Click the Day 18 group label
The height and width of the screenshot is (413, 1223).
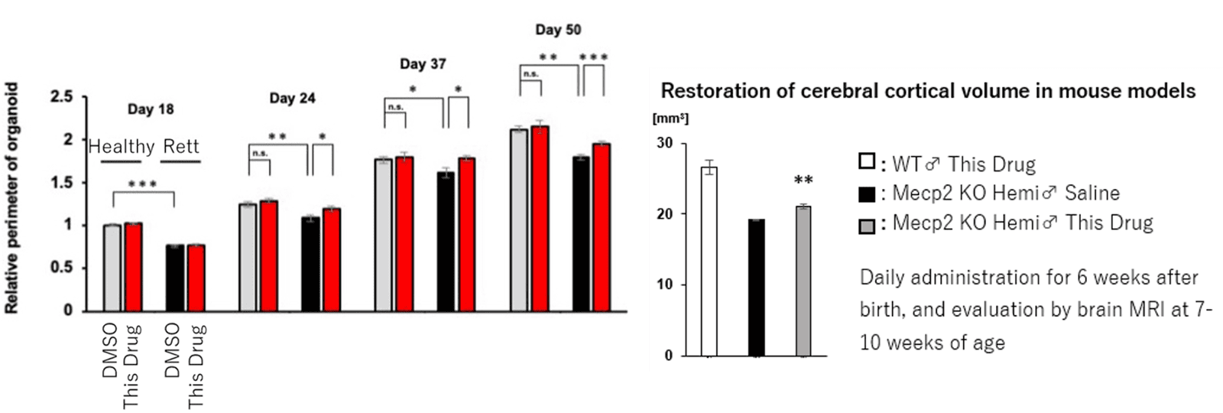pyautogui.click(x=151, y=109)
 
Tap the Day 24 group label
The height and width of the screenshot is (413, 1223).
pyautogui.click(x=292, y=99)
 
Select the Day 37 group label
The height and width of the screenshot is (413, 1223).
pyautogui.click(x=423, y=64)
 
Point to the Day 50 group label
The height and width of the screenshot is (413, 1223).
pyautogui.click(x=558, y=30)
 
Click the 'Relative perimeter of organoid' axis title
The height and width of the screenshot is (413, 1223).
pyautogui.click(x=13, y=198)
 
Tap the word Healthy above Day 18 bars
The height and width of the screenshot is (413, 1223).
pyautogui.click(x=122, y=146)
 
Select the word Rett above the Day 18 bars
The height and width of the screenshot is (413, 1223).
pyautogui.click(x=181, y=146)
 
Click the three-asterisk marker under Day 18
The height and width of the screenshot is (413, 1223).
pyautogui.click(x=143, y=185)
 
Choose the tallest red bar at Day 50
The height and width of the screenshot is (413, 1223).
pyautogui.click(x=541, y=218)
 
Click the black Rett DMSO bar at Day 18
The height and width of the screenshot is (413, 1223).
pyautogui.click(x=176, y=278)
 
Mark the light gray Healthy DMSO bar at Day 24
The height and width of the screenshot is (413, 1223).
pyautogui.click(x=248, y=257)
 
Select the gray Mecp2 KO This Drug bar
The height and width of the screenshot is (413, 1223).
pyautogui.click(x=803, y=281)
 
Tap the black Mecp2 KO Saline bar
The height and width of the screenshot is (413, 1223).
pyautogui.click(x=756, y=288)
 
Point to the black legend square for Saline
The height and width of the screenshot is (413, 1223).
pyautogui.click(x=867, y=194)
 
